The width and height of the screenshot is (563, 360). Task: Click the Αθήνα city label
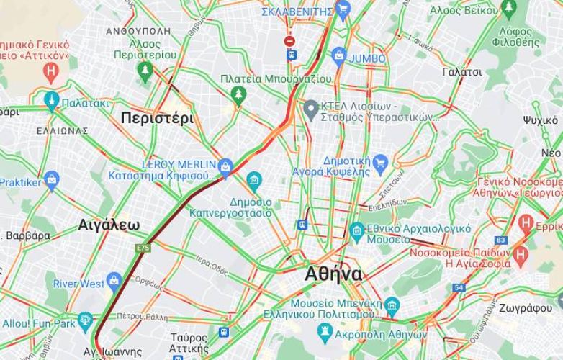333,274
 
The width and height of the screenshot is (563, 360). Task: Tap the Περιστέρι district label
157,119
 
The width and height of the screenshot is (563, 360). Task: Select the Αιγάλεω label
109,225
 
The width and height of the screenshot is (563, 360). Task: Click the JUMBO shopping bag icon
338,57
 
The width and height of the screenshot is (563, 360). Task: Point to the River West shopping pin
113,281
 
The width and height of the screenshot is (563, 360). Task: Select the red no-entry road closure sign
289,41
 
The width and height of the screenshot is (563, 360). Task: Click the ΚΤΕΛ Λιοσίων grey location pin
311,110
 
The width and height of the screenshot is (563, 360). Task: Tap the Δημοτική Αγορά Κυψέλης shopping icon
380,163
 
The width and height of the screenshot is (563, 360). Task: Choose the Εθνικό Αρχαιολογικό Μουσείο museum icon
356,231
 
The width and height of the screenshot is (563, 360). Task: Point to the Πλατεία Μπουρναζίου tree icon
238,94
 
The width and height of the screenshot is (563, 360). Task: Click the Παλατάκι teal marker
51,102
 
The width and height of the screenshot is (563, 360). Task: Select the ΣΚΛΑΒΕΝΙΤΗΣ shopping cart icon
343,9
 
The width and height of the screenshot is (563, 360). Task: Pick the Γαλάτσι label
462,72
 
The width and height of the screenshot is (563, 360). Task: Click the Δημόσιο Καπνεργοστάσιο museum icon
253,180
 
